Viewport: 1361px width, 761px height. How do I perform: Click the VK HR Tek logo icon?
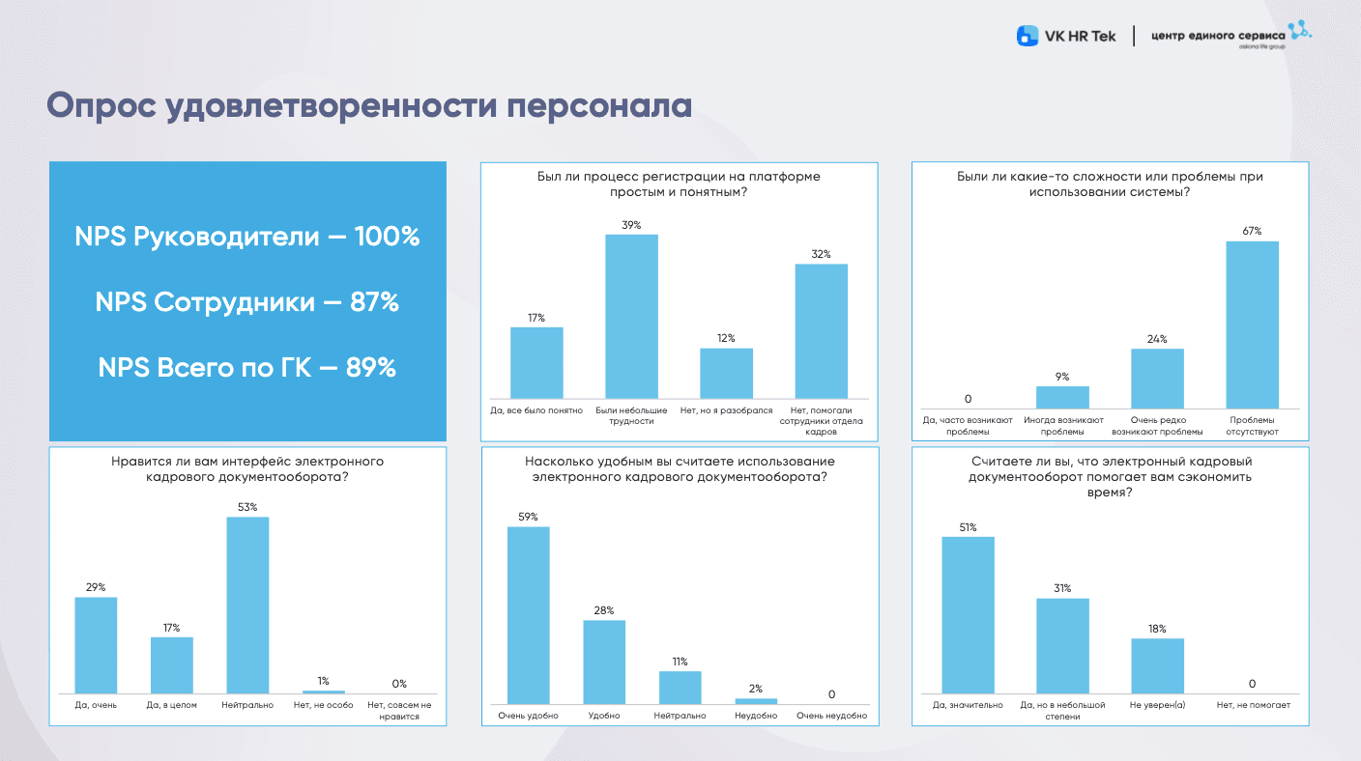click(1027, 37)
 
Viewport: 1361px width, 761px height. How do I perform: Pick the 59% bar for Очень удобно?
click(528, 615)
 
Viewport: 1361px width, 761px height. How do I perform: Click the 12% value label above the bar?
click(726, 338)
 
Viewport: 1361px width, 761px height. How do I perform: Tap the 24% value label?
click(1157, 339)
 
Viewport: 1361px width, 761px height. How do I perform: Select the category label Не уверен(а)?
click(1157, 706)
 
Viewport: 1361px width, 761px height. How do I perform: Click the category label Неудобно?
click(756, 717)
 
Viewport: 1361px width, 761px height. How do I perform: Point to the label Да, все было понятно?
click(536, 410)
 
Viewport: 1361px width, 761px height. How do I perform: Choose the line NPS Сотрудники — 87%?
click(247, 302)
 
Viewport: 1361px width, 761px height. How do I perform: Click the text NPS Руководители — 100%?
click(247, 237)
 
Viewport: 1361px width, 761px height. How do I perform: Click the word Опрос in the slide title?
click(101, 106)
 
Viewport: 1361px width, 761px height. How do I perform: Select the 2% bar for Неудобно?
click(756, 700)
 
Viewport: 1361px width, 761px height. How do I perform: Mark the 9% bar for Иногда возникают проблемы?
click(1062, 397)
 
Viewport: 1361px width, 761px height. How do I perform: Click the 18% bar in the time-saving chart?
click(1157, 665)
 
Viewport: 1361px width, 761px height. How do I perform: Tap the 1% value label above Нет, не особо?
click(324, 681)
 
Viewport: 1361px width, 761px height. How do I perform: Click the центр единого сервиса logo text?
click(1218, 36)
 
